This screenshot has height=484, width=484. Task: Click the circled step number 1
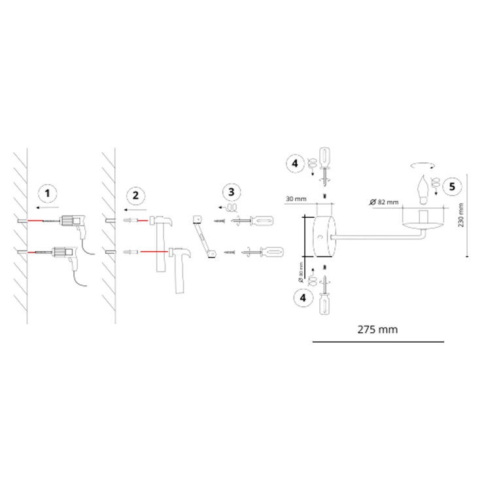tap(47, 194)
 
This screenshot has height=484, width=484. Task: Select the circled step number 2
tap(135, 196)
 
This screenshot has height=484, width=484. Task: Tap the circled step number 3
tap(232, 192)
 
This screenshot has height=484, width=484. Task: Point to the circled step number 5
tap(452, 187)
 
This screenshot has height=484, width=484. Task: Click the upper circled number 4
tap(295, 164)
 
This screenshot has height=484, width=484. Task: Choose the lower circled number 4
tap(303, 298)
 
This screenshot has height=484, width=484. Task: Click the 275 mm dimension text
tap(377, 330)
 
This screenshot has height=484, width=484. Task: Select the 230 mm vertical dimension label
tap(461, 215)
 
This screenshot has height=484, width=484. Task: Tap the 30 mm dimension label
tap(296, 199)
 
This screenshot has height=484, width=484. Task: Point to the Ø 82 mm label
tap(384, 202)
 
